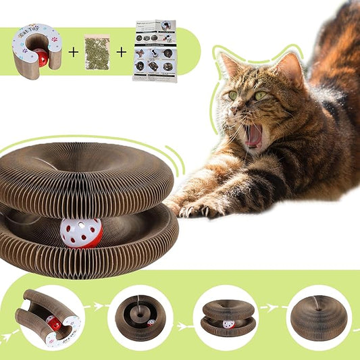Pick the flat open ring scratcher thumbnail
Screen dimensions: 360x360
point(140,317)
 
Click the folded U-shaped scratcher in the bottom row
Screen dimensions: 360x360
point(47,316)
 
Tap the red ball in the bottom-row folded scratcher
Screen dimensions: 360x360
point(51,325)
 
